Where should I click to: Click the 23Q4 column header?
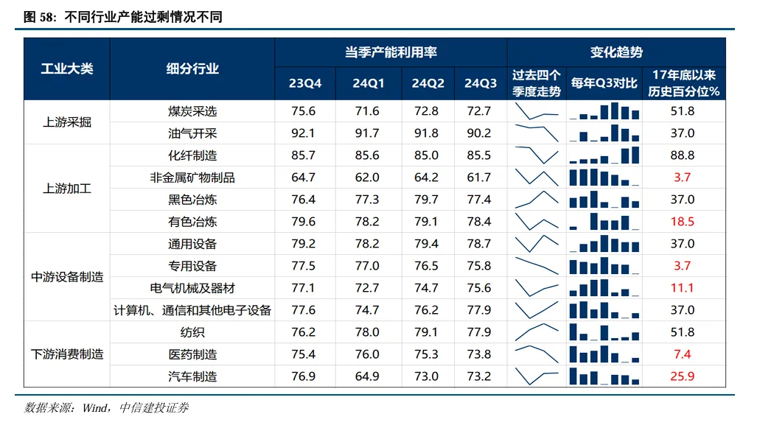pos(305,83)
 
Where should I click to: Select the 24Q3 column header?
pos(481,83)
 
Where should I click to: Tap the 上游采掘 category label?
pos(67,122)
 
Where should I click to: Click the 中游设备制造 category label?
pos(67,277)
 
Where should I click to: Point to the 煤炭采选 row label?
pos(192,111)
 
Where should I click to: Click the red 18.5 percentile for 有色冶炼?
pos(683,222)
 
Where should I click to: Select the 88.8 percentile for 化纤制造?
pos(683,155)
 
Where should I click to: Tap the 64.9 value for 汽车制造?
pos(366,376)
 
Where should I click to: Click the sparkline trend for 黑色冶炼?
pos(537,200)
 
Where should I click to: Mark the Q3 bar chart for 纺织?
pos(604,332)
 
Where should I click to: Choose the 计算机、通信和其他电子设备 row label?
pos(192,310)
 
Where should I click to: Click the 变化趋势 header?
pos(616,52)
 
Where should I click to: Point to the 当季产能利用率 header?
pos(391,52)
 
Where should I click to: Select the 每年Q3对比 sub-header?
pos(604,83)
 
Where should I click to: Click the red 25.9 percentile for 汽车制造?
pos(683,376)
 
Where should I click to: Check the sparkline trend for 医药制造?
pos(537,354)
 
